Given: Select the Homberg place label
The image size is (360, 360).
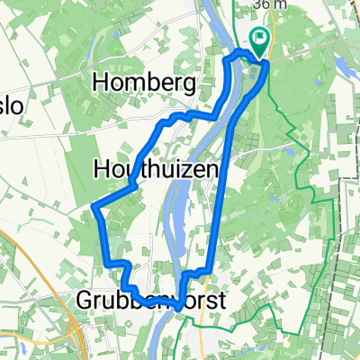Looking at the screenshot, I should point(145,84).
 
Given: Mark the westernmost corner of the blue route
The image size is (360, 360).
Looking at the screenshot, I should point(94,209).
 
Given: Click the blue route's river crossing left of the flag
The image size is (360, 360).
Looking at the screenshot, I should point(237,56).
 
